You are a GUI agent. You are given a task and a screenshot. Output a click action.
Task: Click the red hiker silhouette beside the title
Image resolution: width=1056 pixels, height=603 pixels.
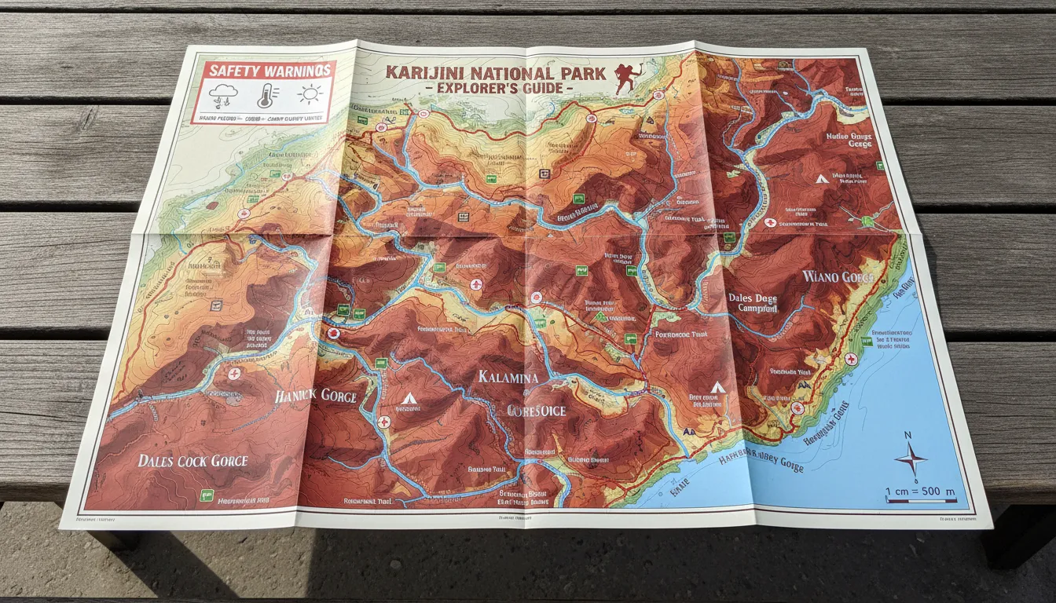(x=626, y=77)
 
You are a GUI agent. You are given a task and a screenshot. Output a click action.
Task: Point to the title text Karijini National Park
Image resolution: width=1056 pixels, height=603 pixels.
(x=495, y=73)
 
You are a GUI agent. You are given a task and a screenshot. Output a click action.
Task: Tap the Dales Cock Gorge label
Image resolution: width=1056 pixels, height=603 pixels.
(x=192, y=461)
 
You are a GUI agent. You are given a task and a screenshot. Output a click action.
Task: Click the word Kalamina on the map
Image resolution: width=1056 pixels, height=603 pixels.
(x=508, y=378)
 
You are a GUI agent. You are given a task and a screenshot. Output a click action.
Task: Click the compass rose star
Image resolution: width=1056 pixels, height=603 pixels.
(x=911, y=459)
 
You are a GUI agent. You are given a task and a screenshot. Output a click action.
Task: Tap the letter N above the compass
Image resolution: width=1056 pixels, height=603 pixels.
(x=907, y=436)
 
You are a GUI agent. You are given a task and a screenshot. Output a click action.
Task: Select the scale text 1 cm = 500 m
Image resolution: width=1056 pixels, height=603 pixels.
(x=920, y=492)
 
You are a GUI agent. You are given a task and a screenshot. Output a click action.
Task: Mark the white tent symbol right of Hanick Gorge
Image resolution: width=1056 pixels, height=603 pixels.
(x=408, y=399)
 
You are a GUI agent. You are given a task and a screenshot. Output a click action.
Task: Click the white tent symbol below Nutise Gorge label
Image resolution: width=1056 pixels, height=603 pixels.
(x=821, y=179)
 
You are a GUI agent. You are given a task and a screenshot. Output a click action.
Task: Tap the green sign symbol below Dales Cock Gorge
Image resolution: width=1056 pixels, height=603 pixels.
(x=207, y=495)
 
